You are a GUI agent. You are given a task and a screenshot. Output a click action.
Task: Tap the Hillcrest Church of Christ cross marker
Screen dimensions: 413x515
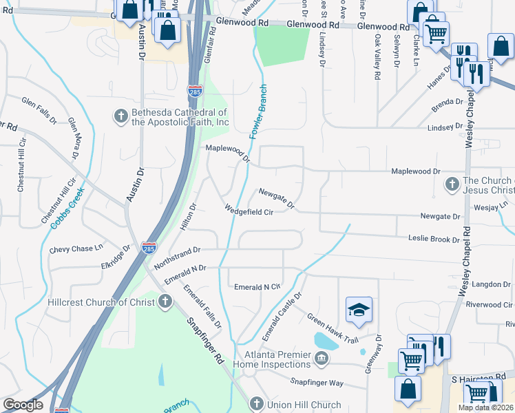tap(165, 301)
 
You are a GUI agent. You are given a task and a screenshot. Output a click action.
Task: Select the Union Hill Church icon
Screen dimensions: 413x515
tap(256, 404)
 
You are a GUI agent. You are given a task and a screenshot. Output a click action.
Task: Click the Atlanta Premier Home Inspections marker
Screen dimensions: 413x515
tap(322, 359)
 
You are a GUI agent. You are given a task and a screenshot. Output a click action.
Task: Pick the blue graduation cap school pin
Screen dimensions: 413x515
tap(359, 311)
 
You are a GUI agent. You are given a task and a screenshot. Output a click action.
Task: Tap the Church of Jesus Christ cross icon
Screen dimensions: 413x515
tap(452, 184)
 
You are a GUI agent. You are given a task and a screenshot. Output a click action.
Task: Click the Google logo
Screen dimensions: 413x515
tap(23, 405)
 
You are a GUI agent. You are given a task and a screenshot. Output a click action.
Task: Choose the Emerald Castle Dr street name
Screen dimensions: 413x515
tap(282, 316)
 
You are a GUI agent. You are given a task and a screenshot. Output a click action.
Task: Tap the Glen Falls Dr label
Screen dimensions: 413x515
tap(39, 110)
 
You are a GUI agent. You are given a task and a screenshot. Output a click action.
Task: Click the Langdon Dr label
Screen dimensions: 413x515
tap(492, 284)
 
